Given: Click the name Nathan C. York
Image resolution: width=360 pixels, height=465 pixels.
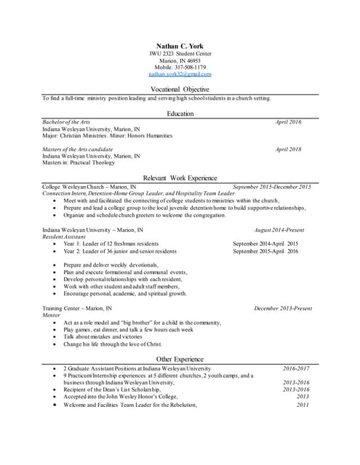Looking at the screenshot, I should (x=180, y=46).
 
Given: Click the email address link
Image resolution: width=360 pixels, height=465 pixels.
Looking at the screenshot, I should (x=180, y=74).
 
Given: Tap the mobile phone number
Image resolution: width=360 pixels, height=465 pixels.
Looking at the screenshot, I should (x=180, y=67).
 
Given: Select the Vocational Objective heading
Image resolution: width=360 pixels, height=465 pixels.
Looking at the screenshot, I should (x=180, y=89).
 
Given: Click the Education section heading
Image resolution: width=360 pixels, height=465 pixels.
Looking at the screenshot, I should (x=180, y=114).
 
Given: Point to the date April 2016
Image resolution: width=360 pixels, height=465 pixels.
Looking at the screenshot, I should (x=288, y=122).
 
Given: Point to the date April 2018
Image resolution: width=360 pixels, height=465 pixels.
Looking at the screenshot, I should (x=288, y=149).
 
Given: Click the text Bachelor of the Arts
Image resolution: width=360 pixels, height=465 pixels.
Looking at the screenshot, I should (x=66, y=122).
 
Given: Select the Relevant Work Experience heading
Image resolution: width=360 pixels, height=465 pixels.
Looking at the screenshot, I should (x=180, y=178).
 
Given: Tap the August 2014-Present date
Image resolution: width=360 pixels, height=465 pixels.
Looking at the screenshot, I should (x=279, y=230).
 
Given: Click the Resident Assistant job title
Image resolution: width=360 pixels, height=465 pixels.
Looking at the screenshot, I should (x=65, y=237).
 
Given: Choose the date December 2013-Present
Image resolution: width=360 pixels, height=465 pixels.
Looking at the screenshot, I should (x=282, y=308).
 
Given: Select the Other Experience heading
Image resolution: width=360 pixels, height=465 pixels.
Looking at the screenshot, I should (x=180, y=359).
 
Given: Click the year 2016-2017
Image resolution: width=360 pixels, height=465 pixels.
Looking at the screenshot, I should (x=296, y=368).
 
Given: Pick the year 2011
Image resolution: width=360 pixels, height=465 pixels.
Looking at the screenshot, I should (x=303, y=405).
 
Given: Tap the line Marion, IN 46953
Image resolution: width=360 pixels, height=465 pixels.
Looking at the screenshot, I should (x=180, y=60).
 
